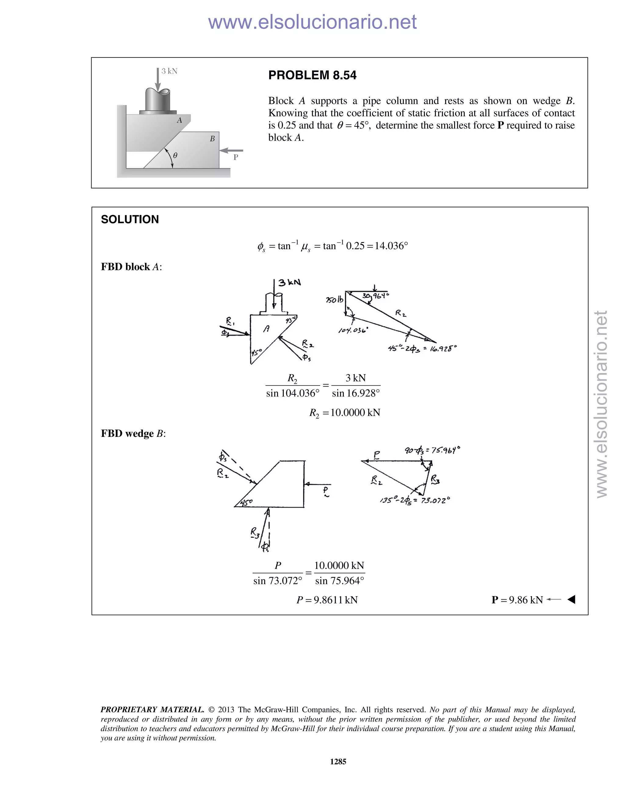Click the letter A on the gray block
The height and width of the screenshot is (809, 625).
click(x=179, y=120)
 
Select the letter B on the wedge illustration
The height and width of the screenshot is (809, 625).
click(x=212, y=139)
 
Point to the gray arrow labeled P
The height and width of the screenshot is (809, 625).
click(x=231, y=151)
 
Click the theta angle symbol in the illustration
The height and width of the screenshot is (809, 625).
click(x=175, y=156)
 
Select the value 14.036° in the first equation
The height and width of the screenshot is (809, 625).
click(x=391, y=246)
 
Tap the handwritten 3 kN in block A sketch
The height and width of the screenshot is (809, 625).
click(x=290, y=283)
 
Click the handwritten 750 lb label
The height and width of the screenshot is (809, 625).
click(x=335, y=300)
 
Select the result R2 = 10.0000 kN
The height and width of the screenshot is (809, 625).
click(x=345, y=413)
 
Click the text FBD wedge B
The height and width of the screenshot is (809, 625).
click(x=133, y=434)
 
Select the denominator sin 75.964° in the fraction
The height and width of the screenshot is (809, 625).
click(x=340, y=581)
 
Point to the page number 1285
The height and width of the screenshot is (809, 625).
click(x=338, y=762)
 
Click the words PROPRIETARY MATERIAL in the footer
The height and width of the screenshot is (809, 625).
click(x=152, y=710)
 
